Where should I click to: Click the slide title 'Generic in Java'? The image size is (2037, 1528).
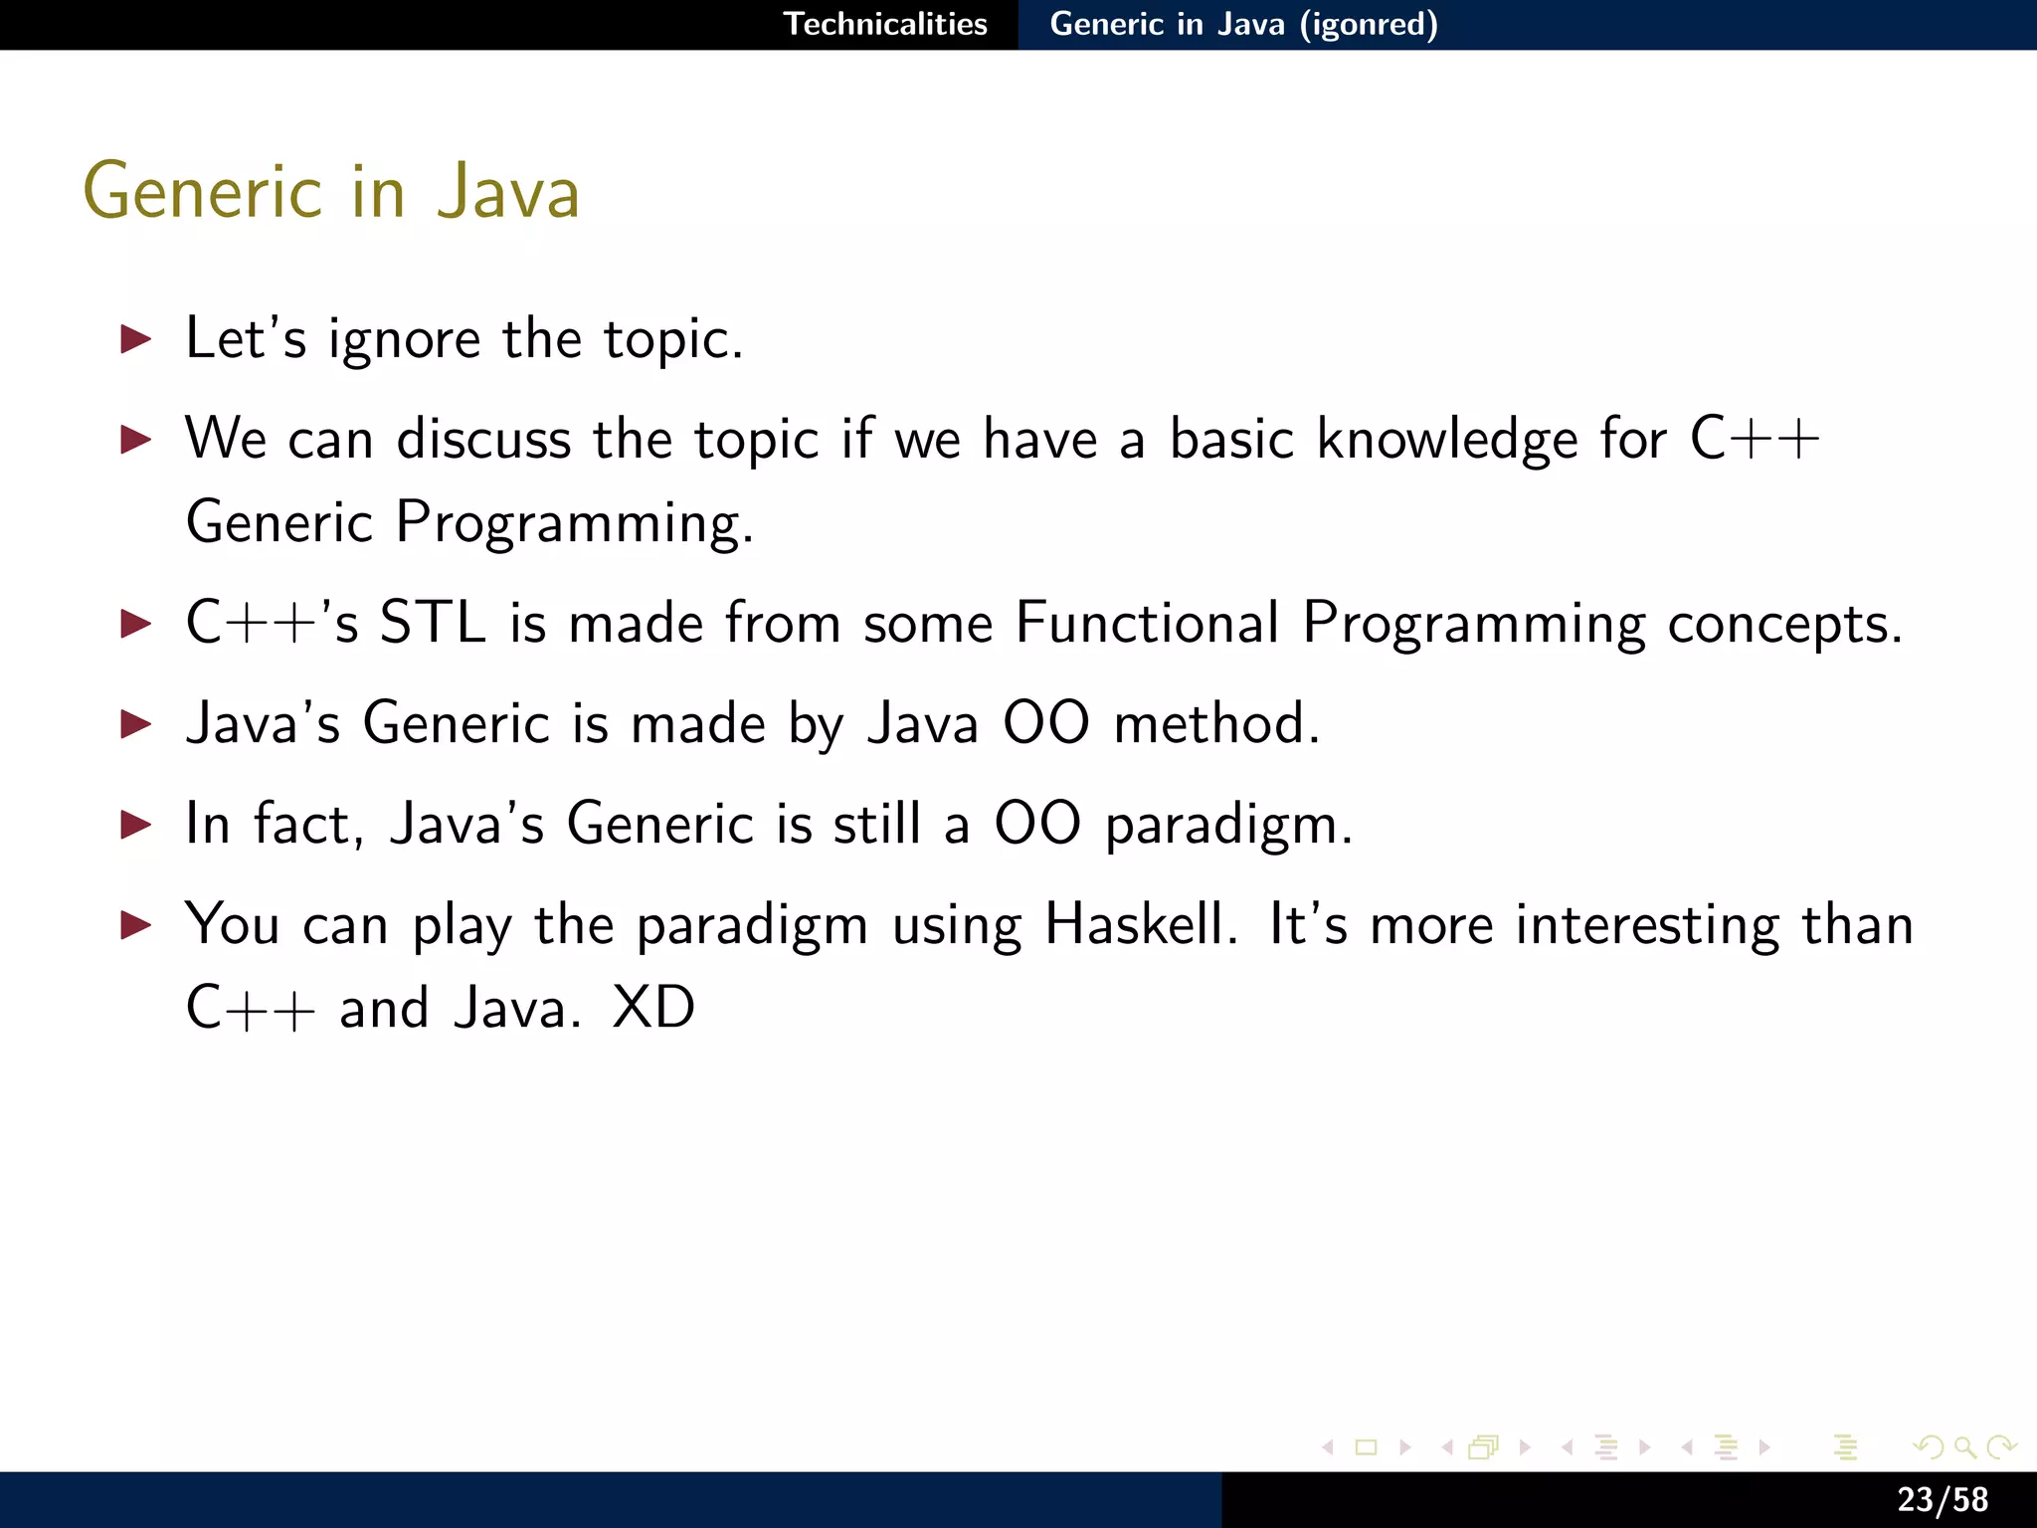pos(331,191)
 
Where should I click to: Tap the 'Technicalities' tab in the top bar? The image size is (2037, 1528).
pos(885,24)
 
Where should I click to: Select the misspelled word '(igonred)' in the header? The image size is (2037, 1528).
pos(1369,24)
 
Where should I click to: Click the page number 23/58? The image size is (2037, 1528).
pos(1942,1499)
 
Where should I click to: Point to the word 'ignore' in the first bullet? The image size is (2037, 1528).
pos(404,340)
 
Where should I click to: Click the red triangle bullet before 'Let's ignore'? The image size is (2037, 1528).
pos(135,339)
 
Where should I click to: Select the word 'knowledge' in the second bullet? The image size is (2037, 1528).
pos(1447,440)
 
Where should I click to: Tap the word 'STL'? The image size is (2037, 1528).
pos(433,624)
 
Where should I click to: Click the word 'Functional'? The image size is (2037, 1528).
pos(1147,624)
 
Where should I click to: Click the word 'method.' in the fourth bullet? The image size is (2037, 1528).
pos(1216,723)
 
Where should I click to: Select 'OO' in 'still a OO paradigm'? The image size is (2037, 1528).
pos(1037,825)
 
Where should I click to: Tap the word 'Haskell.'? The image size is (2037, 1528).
pos(1141,925)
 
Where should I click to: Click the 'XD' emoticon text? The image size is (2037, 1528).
pos(653,1008)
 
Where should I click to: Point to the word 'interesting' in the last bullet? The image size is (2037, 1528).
pos(1647,925)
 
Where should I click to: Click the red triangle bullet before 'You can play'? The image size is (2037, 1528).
pos(135,925)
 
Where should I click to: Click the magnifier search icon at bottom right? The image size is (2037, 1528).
pos(1964,1447)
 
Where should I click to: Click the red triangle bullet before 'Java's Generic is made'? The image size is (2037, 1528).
pos(135,723)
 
